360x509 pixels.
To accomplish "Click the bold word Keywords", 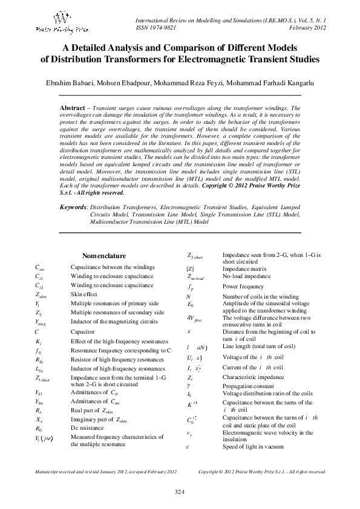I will click(x=74, y=207).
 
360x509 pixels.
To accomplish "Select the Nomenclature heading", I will click(x=104, y=255).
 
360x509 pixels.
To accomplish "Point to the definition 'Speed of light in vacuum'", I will click(x=252, y=446).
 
